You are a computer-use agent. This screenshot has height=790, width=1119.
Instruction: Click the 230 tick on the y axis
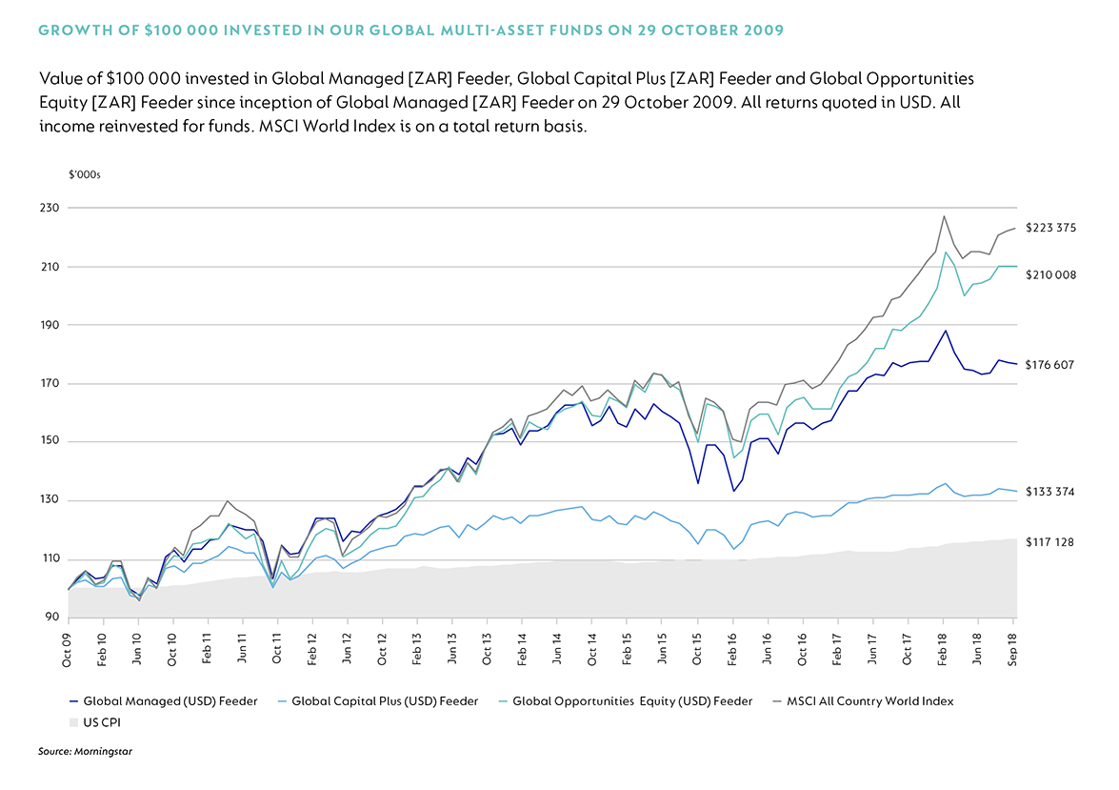tap(50, 208)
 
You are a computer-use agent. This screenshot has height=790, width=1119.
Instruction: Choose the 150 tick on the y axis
tap(50, 441)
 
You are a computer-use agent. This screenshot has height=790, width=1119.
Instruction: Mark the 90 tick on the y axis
tap(52, 618)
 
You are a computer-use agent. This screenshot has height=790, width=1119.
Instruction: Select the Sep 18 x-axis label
tap(1013, 647)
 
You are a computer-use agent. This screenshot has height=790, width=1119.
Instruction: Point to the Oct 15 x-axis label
tap(698, 647)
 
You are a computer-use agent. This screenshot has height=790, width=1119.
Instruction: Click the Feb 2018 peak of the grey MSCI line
tap(944, 215)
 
